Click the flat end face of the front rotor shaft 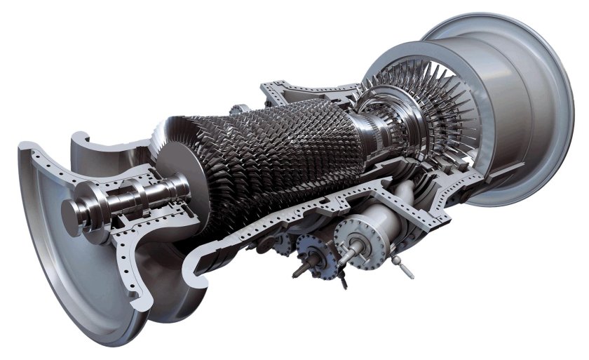click(x=72, y=209)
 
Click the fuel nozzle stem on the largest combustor click(x=348, y=251)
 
